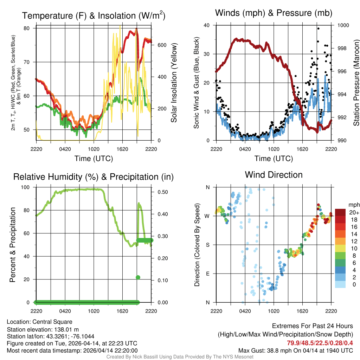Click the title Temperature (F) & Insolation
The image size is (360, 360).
point(94,15)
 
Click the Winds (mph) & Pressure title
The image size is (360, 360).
point(274,13)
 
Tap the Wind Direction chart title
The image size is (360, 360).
point(274,174)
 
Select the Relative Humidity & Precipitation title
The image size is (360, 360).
point(94,177)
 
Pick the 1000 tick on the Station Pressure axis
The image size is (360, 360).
point(343,25)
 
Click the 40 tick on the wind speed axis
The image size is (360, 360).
point(206,25)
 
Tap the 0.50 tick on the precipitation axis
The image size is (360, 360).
point(160,192)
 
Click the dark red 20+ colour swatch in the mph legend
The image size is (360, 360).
point(341,212)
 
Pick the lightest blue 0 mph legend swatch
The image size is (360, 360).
point(341,255)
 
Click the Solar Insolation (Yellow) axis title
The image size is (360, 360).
point(174,83)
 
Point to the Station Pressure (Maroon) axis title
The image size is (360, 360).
point(356,83)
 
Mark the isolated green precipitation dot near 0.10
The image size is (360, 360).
point(138,277)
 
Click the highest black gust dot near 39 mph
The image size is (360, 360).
point(318,28)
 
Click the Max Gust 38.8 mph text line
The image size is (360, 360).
point(295,350)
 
